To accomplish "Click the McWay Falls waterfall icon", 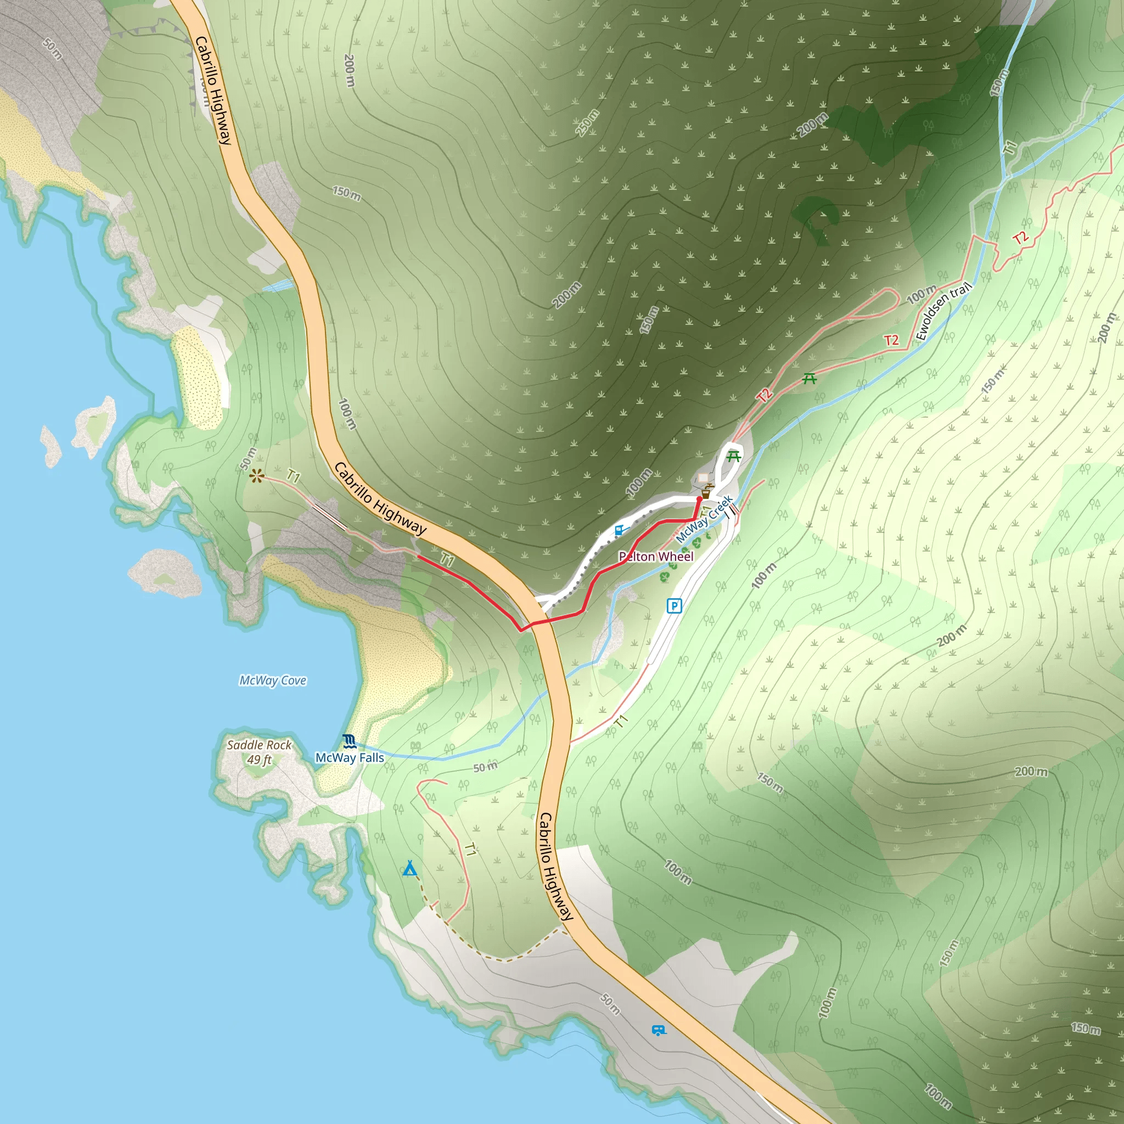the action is [x=349, y=740].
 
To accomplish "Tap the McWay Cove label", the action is [x=273, y=680].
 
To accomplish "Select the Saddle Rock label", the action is [x=259, y=745].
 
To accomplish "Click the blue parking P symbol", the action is [x=674, y=606].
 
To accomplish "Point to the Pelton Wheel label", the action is [x=656, y=556].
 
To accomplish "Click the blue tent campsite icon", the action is [x=409, y=869].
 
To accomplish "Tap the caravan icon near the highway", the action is [x=659, y=1030].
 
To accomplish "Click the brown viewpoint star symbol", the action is [x=256, y=476].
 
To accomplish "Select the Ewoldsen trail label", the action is [x=943, y=311].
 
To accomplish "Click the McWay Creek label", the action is [x=704, y=519].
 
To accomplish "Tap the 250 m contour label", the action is [x=588, y=123].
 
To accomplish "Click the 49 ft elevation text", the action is [x=259, y=760].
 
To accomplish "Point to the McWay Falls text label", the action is [x=350, y=757].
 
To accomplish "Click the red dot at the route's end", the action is [x=699, y=498].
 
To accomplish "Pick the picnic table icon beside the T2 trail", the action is [x=810, y=379].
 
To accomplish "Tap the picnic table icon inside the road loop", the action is [x=734, y=457].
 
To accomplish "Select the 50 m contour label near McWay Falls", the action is [x=485, y=767].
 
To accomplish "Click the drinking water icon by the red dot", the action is [x=707, y=492].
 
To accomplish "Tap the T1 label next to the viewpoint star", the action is [x=294, y=477].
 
